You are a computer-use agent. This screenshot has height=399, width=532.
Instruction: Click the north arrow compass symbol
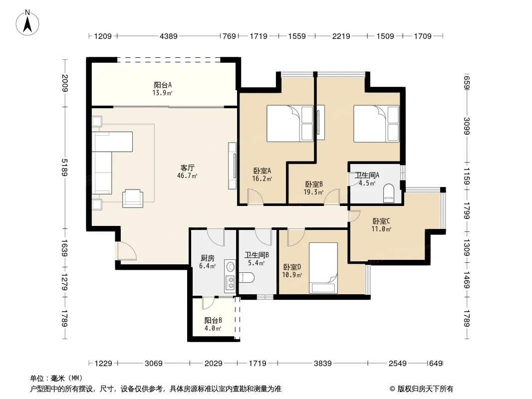point(27,22)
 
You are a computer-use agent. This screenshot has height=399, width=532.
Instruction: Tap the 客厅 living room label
point(187,168)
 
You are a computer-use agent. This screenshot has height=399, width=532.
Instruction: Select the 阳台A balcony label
point(163,85)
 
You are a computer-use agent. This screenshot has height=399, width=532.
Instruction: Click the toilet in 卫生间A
point(389,193)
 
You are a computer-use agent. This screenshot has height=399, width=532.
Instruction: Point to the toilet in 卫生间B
point(247,278)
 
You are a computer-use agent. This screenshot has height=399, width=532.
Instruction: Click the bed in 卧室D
point(323,268)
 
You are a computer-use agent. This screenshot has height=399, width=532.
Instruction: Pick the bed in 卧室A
point(290,123)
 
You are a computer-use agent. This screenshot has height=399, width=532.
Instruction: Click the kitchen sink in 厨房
point(231,266)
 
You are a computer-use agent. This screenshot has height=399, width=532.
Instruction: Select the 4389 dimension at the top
point(169,36)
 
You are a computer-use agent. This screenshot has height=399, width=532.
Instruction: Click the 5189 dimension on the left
point(64,168)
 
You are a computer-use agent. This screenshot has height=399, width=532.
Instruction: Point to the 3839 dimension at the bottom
point(323,364)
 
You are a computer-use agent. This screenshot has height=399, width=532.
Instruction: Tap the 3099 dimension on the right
point(467,126)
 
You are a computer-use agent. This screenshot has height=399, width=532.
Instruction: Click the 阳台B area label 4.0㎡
point(213,328)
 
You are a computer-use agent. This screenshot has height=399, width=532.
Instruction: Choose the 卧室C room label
point(381,221)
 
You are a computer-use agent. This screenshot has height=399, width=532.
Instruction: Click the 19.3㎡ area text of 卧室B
point(313,192)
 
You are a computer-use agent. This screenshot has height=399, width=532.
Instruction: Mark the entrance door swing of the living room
point(126,251)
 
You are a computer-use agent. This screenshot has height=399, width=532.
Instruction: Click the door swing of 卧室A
point(255,197)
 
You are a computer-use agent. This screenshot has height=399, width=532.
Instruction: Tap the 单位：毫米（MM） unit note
point(56,378)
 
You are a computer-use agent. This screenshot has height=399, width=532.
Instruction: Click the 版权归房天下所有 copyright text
point(421,389)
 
